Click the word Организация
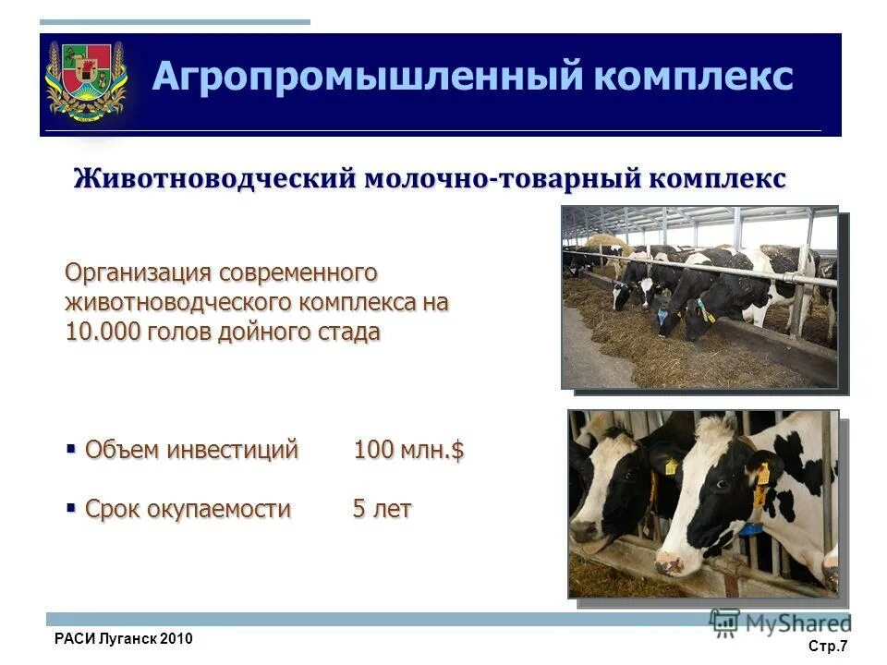pyautogui.click(x=138, y=273)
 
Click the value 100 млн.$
pyautogui.click(x=408, y=451)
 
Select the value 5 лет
pyautogui.click(x=382, y=509)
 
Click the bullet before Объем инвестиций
pyautogui.click(x=70, y=449)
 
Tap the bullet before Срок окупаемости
pyautogui.click(x=70, y=507)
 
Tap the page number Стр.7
pyautogui.click(x=828, y=647)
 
